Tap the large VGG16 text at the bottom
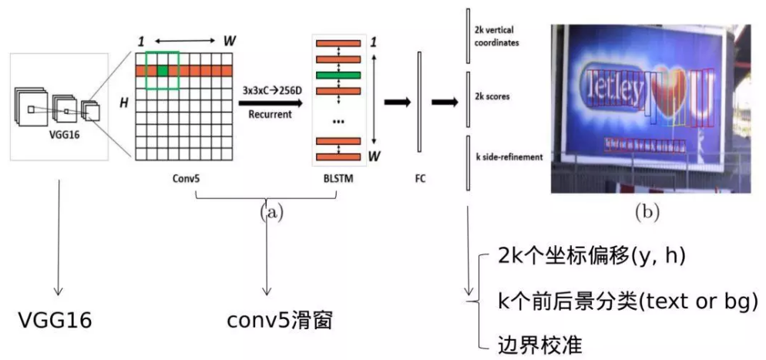point(55,319)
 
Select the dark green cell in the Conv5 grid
point(163,72)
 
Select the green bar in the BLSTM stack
point(338,75)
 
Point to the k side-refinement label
point(509,156)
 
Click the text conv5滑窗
point(280,319)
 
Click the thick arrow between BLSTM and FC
point(396,101)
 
